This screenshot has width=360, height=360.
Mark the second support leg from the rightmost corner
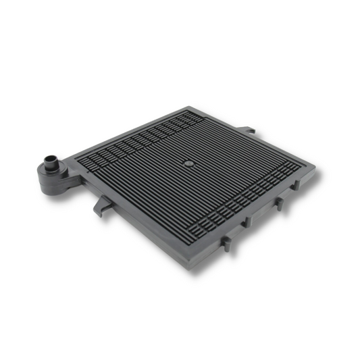277,205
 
